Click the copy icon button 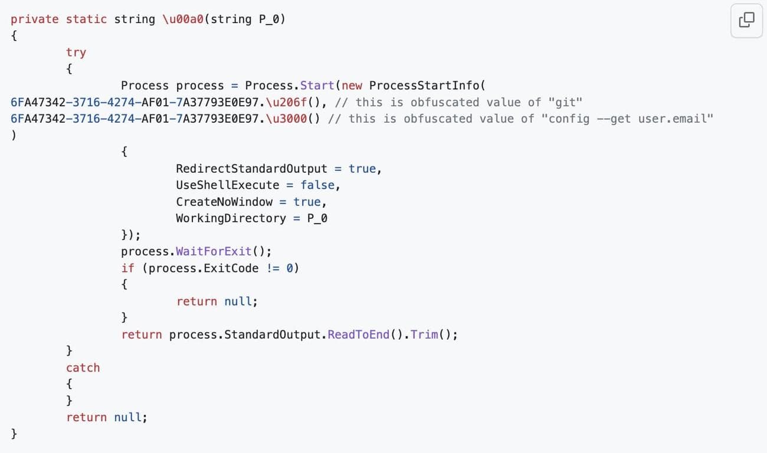coord(746,20)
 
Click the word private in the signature coord(35,19)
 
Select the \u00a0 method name coord(183,19)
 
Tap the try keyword coord(76,52)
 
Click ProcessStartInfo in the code coord(424,86)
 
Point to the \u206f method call coord(286,102)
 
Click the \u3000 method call coord(286,119)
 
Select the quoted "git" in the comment coord(565,102)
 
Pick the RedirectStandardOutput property coord(252,169)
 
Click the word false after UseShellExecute coord(317,185)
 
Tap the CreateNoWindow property coord(224,202)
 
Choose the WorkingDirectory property coord(231,218)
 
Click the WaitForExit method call coord(214,251)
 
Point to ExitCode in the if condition coord(231,268)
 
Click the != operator coord(273,268)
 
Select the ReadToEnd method coord(359,334)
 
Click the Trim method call coord(424,334)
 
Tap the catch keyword coord(83,367)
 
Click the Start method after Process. coord(317,86)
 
